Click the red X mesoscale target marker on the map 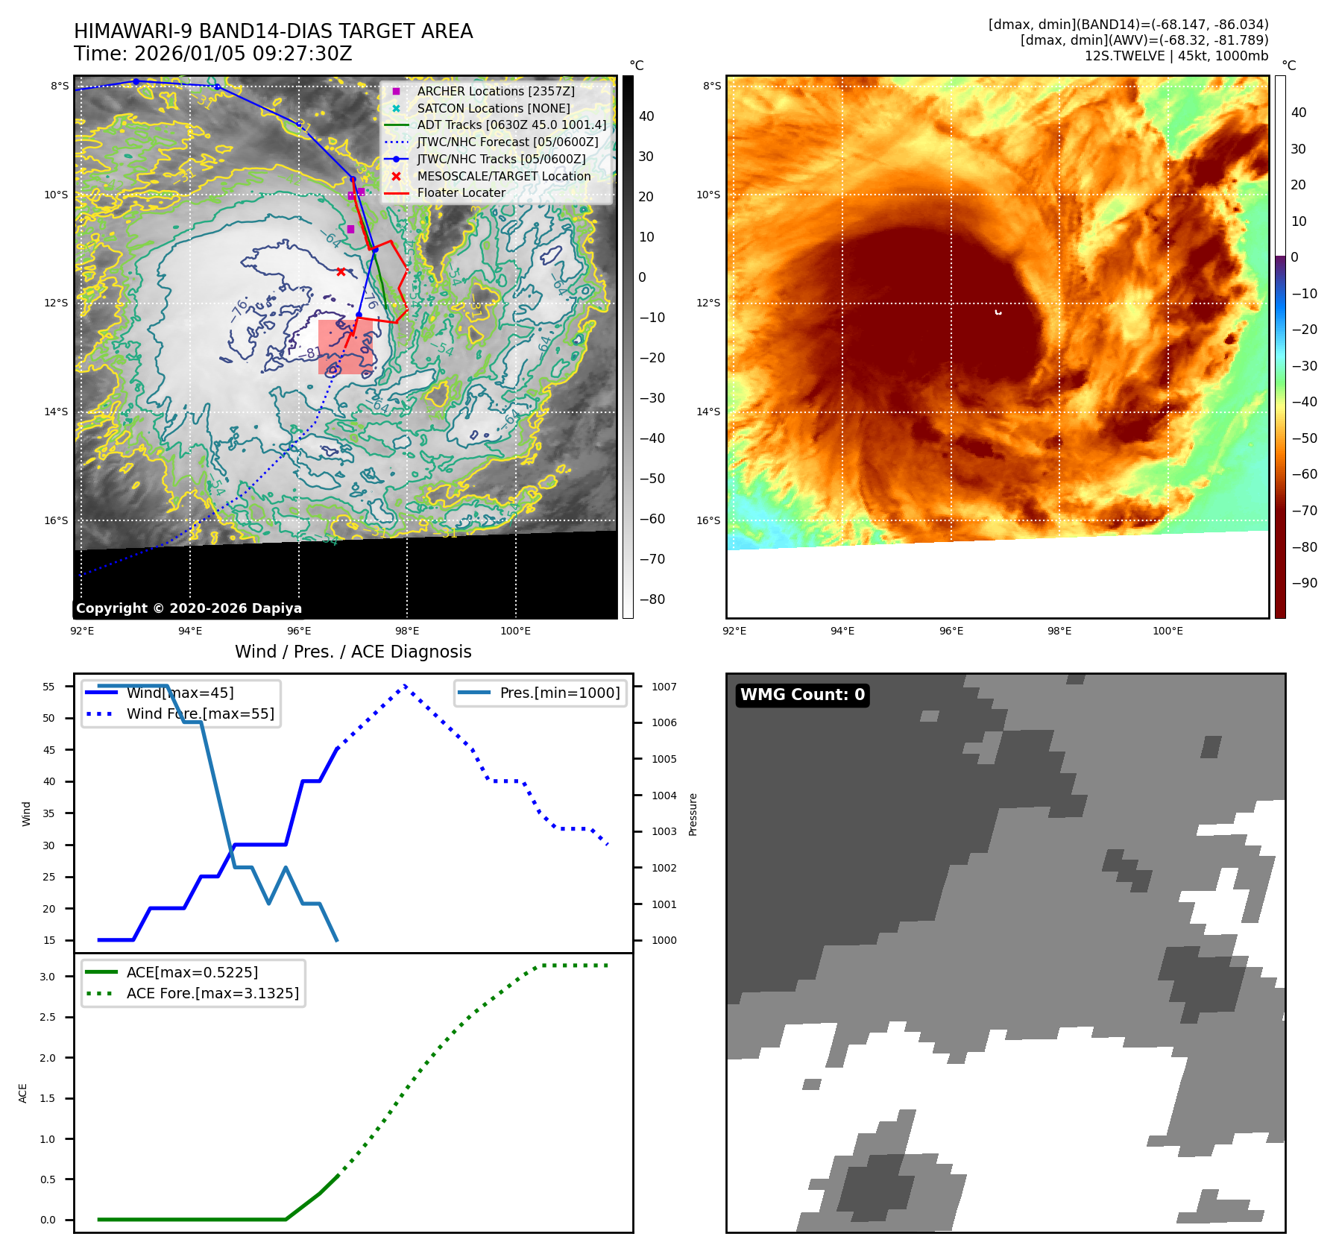pos(341,272)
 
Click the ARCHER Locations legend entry pos(495,91)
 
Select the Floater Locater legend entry pos(461,192)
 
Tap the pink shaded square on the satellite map pos(345,347)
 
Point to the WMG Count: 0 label pos(802,695)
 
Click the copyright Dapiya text pos(189,608)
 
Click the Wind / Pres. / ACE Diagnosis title pos(353,652)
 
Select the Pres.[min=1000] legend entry pos(559,693)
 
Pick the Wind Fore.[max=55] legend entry pos(200,714)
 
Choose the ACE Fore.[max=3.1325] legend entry pos(212,993)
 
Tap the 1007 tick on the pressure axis pos(664,687)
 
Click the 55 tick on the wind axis pos(49,687)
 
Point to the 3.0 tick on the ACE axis pos(47,977)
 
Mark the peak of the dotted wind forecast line pos(405,685)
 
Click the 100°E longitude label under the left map pos(515,631)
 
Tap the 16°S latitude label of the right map pos(708,520)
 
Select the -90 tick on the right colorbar pos(1305,583)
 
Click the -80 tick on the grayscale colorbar pos(652,599)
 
